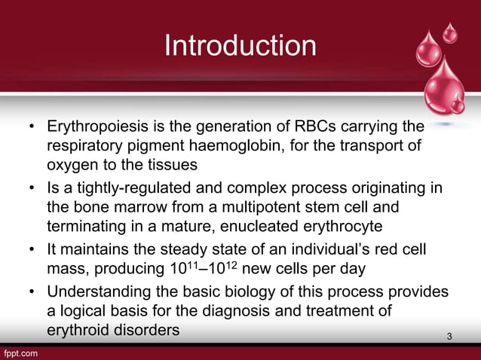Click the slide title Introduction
[x=240, y=46]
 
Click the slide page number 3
[x=449, y=335]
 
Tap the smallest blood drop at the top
[x=450, y=32]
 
